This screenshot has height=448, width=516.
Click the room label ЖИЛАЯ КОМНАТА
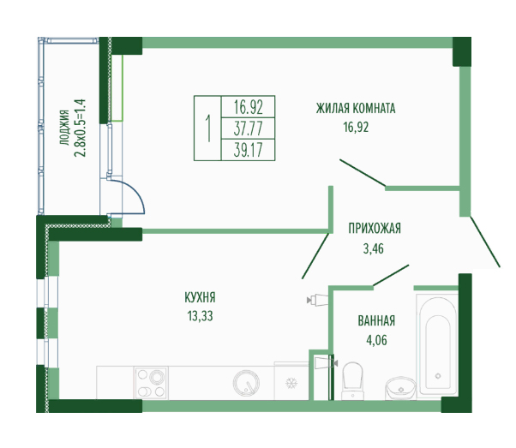pos(356,108)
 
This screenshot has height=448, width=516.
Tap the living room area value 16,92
pos(356,127)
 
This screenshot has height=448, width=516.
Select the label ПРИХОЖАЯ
pos(375,228)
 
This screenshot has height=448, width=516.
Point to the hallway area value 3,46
pos(373,248)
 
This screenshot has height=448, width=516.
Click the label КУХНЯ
pos(200,297)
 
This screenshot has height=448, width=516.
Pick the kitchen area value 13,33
pos(200,316)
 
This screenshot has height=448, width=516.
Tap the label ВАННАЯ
pos(376,320)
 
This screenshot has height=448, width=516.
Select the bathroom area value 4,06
pos(376,340)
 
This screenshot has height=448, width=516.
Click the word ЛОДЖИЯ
pos(64,128)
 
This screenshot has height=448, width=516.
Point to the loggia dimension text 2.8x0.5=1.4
pos(80,128)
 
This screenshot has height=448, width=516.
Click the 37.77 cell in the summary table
pos(248,128)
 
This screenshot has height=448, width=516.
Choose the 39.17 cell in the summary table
pos(248,150)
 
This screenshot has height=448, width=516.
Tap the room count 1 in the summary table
pos(208,128)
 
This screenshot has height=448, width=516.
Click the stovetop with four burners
pos(151,383)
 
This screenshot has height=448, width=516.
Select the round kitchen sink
pos(246,383)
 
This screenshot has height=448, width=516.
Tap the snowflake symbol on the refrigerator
pos(291,383)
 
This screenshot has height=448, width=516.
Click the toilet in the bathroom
pos(353,380)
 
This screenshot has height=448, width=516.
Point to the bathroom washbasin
pos(401,388)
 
